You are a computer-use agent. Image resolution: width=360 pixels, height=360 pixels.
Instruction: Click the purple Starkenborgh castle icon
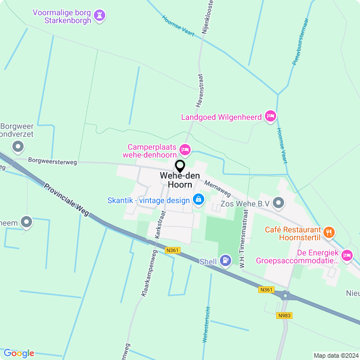[100, 15]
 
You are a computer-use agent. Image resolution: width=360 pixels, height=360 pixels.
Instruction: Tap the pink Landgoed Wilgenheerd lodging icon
[271, 116]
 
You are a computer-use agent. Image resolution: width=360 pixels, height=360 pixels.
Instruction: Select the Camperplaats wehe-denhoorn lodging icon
[185, 150]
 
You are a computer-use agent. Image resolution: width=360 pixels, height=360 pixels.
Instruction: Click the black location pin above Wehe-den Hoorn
[180, 166]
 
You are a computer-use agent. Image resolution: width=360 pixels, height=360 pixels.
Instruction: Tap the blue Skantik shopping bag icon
[198, 199]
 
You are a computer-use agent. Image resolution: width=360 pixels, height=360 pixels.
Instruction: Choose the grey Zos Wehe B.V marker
[278, 202]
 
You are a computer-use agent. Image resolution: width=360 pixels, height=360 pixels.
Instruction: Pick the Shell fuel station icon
[226, 260]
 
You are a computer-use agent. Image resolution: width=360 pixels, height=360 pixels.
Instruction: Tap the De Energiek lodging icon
[347, 256]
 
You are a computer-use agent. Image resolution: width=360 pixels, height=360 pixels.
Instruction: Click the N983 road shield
[284, 316]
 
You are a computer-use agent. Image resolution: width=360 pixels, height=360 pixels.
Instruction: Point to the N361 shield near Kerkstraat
[173, 250]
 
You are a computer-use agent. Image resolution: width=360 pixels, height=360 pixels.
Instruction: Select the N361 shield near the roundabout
[266, 290]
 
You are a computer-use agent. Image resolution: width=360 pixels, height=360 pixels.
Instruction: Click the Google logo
[19, 353]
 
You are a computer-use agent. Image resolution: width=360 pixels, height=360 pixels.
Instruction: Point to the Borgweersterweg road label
[52, 162]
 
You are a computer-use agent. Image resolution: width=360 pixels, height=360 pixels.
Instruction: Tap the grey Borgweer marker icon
[18, 147]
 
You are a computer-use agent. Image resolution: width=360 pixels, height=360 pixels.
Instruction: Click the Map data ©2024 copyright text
[335, 355]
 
